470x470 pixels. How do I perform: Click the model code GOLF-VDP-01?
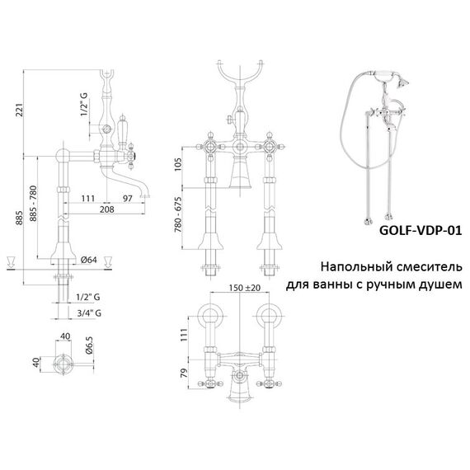tap(421, 230)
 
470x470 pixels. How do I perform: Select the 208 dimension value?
tap(106, 209)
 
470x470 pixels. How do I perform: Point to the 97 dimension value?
tap(127, 198)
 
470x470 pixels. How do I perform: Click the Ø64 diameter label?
tap(89, 260)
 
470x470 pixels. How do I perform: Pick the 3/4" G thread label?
tap(89, 313)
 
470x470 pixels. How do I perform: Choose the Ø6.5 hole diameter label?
tap(89, 345)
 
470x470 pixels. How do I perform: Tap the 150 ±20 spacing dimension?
tap(245, 288)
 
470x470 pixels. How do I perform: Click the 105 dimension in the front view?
tap(178, 164)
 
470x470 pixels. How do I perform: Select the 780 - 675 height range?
tap(178, 215)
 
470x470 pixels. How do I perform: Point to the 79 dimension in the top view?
tap(184, 373)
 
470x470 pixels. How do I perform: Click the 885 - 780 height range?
tap(33, 203)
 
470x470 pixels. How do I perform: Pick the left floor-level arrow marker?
tap(11, 262)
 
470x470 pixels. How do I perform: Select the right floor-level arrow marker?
tap(108, 262)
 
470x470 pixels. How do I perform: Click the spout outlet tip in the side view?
tap(145, 196)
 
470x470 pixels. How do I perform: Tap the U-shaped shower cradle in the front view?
tap(240, 75)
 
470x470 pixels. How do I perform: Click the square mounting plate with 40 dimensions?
tap(63, 364)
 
